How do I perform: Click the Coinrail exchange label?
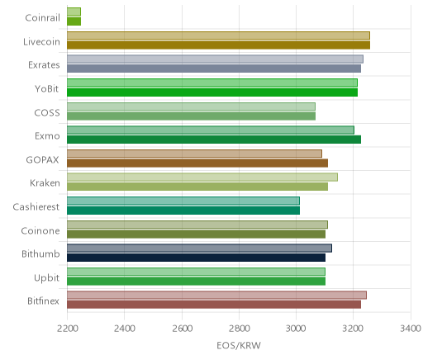point(42,18)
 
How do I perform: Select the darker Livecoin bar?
point(218,45)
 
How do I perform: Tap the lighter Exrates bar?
point(215,59)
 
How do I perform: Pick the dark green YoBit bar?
point(212,92)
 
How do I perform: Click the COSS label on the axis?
point(47,113)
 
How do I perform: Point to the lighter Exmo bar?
point(211,130)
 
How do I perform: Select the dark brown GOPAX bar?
point(197,163)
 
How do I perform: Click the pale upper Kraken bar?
point(202,178)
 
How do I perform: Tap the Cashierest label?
point(36,207)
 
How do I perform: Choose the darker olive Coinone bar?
point(196,234)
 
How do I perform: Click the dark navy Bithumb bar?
point(196,258)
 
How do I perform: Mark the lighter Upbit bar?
point(196,272)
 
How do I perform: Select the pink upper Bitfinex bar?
point(216,296)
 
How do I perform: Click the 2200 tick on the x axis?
point(67,329)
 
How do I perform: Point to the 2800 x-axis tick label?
point(239,329)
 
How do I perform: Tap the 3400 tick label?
point(411,329)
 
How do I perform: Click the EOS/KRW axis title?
point(239,345)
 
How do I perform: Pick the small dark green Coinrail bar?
point(74,21)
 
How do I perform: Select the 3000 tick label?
point(296,329)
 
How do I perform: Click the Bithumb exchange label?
point(40,253)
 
